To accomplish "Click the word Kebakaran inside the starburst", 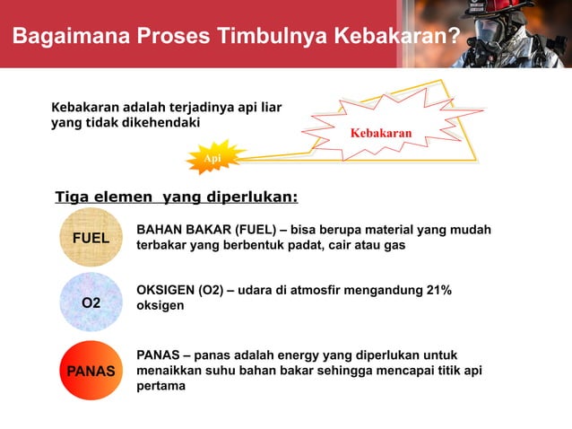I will (380, 134).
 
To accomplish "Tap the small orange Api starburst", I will (213, 159).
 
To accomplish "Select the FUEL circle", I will (91, 238).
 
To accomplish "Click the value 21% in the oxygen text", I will (435, 291).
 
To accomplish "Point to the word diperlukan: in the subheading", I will (254, 197).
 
